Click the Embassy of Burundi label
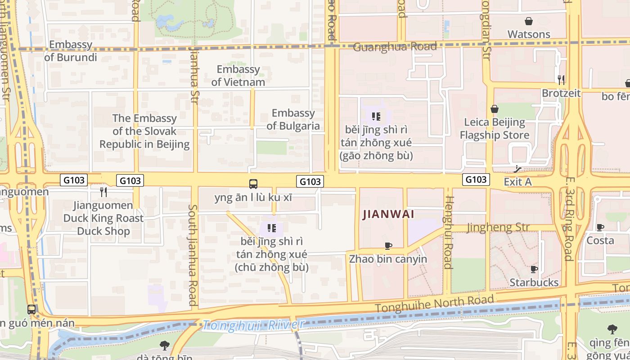[x=71, y=51]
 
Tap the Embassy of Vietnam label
[x=238, y=76]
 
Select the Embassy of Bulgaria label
[x=293, y=119]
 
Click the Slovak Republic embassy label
[x=144, y=131]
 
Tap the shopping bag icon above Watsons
[x=529, y=21]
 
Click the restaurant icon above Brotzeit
[x=561, y=80]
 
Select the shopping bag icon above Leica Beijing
[x=495, y=109]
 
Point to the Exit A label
[x=517, y=182]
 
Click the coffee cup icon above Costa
[x=600, y=227]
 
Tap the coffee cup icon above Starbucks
[x=534, y=269]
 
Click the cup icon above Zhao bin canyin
[x=388, y=246]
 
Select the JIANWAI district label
[x=388, y=214]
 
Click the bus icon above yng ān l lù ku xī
[x=253, y=184]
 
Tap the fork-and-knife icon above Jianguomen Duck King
[x=103, y=192]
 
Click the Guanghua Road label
[x=395, y=47]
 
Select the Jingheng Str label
[x=498, y=227]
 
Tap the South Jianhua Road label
[x=193, y=255]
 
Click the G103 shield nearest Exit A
[x=476, y=180]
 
